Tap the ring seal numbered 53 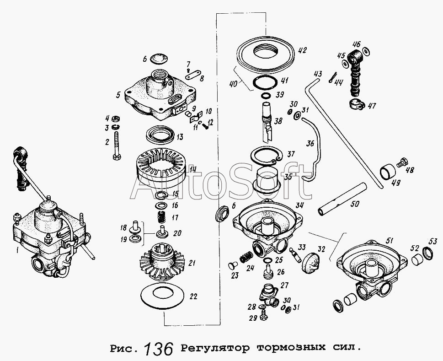[x=428, y=253]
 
